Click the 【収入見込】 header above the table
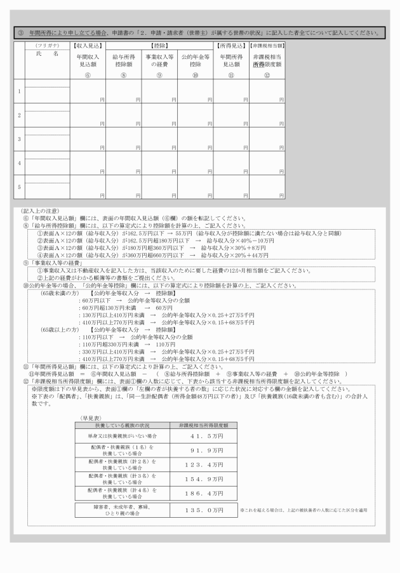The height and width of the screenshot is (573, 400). tap(88, 46)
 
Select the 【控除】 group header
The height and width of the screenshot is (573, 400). tap(159, 46)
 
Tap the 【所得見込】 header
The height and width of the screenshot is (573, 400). tap(231, 46)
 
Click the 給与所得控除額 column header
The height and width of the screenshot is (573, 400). tap(123, 60)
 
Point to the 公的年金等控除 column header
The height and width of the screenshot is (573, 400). tap(195, 60)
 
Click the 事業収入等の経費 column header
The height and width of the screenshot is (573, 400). tap(159, 60)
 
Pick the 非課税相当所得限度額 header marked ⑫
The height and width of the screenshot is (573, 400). tap(267, 60)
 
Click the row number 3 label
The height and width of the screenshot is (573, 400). tap(19, 139)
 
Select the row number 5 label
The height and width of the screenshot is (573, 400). tap(19, 187)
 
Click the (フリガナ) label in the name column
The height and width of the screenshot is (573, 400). tap(47, 46)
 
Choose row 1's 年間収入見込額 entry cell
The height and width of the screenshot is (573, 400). tap(88, 91)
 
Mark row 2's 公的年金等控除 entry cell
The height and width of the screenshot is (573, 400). tap(195, 115)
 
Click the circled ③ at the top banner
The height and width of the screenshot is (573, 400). tap(20, 32)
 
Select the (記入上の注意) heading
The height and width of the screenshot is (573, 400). tap(41, 211)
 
